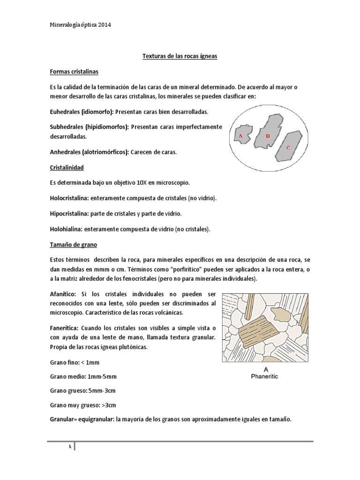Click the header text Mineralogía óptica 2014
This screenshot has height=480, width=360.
(80, 26)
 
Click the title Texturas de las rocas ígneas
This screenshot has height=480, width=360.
(180, 56)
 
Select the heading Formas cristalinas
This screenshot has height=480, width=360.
(74, 72)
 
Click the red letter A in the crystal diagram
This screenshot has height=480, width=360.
(240, 136)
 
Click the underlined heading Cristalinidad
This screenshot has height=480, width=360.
(67, 167)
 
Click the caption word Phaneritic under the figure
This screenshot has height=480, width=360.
(264, 376)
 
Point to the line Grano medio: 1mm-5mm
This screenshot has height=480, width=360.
(83, 376)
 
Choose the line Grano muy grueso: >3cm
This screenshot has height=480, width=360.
(83, 405)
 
